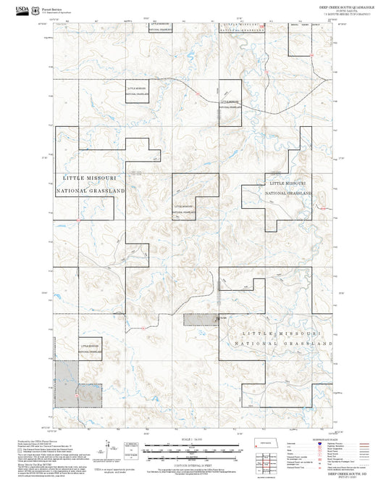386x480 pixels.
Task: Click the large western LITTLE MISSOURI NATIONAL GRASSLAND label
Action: point(91,183)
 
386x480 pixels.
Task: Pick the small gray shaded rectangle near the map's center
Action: point(200,318)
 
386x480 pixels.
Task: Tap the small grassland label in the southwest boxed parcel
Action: point(91,351)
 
